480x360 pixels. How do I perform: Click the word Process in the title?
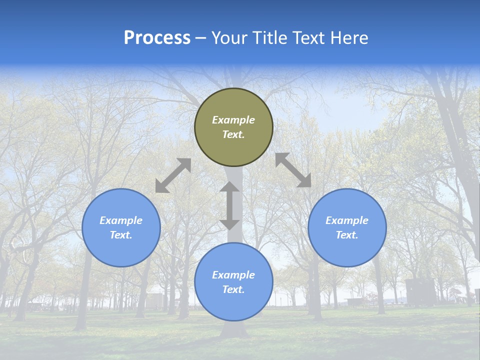click(157, 38)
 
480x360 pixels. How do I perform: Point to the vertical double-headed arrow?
click(229, 205)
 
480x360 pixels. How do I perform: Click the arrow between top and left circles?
click(173, 175)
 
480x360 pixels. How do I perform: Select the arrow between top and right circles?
click(293, 170)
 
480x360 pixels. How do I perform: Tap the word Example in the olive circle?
click(233, 120)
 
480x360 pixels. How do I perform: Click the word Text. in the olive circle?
click(233, 134)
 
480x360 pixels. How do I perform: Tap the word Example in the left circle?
click(121, 220)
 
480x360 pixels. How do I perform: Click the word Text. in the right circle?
click(347, 235)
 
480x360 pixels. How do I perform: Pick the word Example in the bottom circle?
click(233, 275)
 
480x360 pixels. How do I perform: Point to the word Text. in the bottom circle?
click(233, 289)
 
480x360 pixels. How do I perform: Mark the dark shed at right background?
click(420, 292)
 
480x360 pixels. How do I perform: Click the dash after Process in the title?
click(201, 38)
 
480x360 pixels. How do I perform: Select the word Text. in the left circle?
click(121, 235)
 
